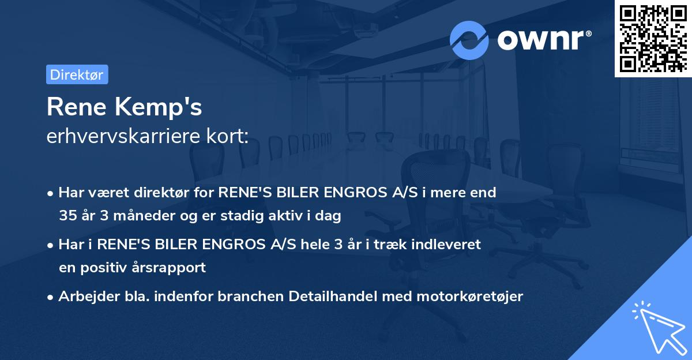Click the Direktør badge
point(77,74)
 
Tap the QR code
point(653,38)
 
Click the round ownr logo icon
point(469,40)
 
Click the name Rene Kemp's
point(124,107)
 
